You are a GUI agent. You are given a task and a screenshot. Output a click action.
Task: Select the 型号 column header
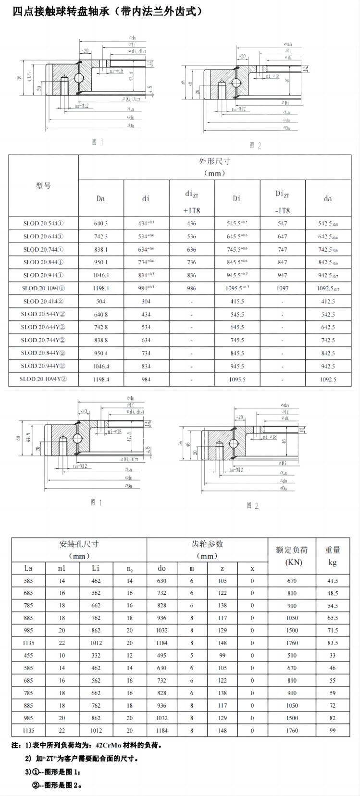click(43, 186)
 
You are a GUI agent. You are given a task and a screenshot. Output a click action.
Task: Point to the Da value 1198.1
click(101, 288)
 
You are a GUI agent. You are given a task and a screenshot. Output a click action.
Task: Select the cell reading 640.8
click(101, 314)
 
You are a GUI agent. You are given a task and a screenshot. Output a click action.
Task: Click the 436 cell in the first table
click(191, 223)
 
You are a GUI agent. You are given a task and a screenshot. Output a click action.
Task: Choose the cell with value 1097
click(283, 288)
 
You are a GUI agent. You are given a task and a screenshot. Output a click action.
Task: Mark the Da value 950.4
click(101, 353)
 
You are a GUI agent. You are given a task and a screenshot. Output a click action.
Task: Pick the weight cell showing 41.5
click(333, 581)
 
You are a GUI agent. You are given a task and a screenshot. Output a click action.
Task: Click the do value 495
click(161, 655)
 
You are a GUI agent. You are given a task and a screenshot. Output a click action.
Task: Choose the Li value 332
click(96, 655)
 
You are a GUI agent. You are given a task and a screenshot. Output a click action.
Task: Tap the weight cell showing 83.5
click(333, 643)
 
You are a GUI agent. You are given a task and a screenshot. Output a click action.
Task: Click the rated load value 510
click(292, 655)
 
